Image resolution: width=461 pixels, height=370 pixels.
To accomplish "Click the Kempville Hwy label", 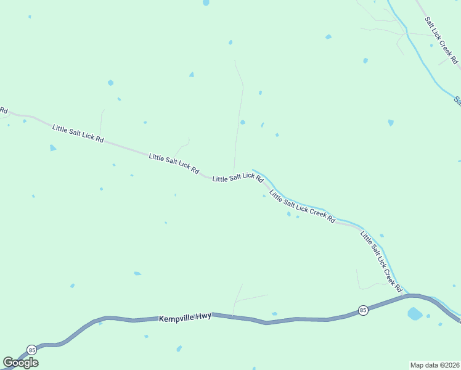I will click(185, 317).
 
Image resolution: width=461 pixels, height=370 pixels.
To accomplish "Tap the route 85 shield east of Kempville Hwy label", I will click(363, 310).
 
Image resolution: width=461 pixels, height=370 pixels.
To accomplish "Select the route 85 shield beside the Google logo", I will click(32, 350).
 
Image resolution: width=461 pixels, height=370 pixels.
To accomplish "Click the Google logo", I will click(20, 363).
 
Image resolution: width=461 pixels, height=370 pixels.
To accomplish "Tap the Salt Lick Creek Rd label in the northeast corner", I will click(441, 40).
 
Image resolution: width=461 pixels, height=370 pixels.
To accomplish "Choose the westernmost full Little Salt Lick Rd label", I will click(78, 133).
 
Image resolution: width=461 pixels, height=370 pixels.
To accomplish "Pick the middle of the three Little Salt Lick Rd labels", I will click(174, 163).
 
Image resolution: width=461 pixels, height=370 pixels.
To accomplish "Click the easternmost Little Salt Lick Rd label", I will click(238, 178).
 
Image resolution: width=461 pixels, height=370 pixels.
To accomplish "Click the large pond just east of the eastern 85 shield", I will click(415, 314).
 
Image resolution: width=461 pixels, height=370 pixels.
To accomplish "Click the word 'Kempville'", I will click(176, 318).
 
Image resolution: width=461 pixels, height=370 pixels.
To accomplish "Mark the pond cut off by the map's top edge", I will click(206, 2).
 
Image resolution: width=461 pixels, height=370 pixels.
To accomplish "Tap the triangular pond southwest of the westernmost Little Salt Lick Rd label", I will click(52, 148).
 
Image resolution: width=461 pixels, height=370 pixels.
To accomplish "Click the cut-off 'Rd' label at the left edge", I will click(3, 110).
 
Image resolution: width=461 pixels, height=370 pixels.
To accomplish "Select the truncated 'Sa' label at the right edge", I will click(457, 100).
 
